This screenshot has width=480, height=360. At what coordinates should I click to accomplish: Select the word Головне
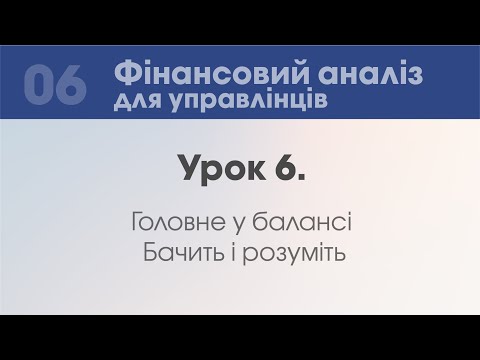(177, 219)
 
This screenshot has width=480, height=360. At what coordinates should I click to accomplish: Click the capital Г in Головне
(136, 219)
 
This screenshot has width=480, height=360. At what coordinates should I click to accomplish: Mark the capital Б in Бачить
(153, 247)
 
